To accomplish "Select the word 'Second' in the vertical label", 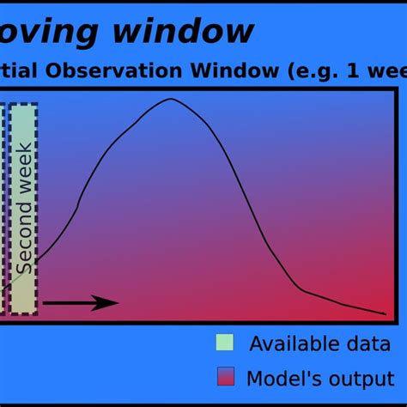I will pyautogui.click(x=25, y=240).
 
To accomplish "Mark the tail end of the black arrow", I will pyautogui.click(x=45, y=302).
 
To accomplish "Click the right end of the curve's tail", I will pyautogui.click(x=385, y=313).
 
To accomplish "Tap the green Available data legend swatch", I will pyautogui.click(x=225, y=343).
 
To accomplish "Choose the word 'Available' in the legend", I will pyautogui.click(x=288, y=344).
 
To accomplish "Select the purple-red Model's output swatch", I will pyautogui.click(x=225, y=377).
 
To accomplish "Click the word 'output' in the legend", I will pyautogui.click(x=349, y=379).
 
